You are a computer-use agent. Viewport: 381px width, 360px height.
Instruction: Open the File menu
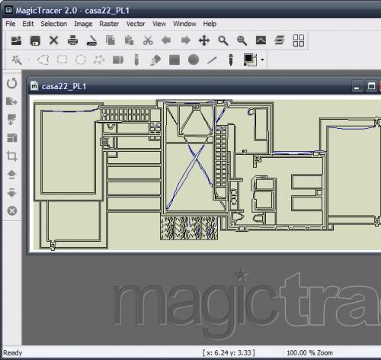(x=11, y=24)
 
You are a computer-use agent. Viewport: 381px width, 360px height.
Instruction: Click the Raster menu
(x=109, y=24)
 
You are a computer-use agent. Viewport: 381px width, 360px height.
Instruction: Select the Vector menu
(x=136, y=24)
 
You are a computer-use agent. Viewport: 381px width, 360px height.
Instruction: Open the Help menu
(x=210, y=24)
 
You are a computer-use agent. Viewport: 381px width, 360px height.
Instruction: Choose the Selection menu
(x=53, y=24)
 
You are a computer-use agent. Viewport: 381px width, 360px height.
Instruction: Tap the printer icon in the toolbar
(x=72, y=40)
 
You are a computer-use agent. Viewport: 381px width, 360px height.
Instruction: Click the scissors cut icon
(x=148, y=40)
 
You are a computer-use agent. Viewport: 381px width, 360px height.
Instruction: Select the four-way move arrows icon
(x=204, y=40)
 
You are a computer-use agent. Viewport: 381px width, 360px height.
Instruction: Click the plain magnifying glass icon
(x=223, y=40)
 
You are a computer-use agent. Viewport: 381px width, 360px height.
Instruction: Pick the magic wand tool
(x=17, y=59)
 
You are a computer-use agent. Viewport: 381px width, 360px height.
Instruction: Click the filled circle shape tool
(x=194, y=59)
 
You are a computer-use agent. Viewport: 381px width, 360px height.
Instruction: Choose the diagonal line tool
(x=212, y=59)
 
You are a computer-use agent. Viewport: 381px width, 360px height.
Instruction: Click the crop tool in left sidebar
(x=11, y=156)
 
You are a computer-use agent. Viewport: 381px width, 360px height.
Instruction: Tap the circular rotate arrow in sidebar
(x=11, y=82)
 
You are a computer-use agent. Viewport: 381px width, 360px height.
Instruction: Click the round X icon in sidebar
(x=11, y=211)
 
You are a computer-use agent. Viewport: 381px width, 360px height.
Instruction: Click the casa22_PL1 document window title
(x=64, y=86)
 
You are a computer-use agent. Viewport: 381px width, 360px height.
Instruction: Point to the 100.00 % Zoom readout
(x=309, y=353)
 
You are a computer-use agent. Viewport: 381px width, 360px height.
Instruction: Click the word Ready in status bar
(x=13, y=353)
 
